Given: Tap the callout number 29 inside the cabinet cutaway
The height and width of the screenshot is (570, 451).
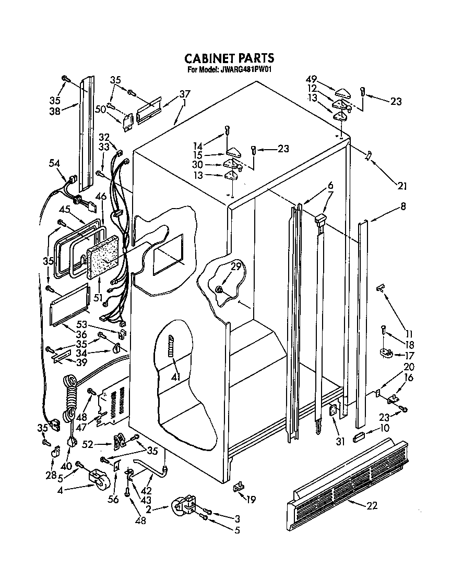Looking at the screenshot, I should point(236,266).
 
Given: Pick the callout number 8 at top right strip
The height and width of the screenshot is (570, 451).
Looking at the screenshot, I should point(402,207).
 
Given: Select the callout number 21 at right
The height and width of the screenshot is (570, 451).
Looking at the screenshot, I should point(401,186).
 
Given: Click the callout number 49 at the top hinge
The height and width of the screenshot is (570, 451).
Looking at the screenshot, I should point(312,79).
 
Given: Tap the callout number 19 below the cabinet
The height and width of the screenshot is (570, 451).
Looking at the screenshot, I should point(251,500).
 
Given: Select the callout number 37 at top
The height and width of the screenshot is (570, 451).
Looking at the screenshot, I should point(185,94).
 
